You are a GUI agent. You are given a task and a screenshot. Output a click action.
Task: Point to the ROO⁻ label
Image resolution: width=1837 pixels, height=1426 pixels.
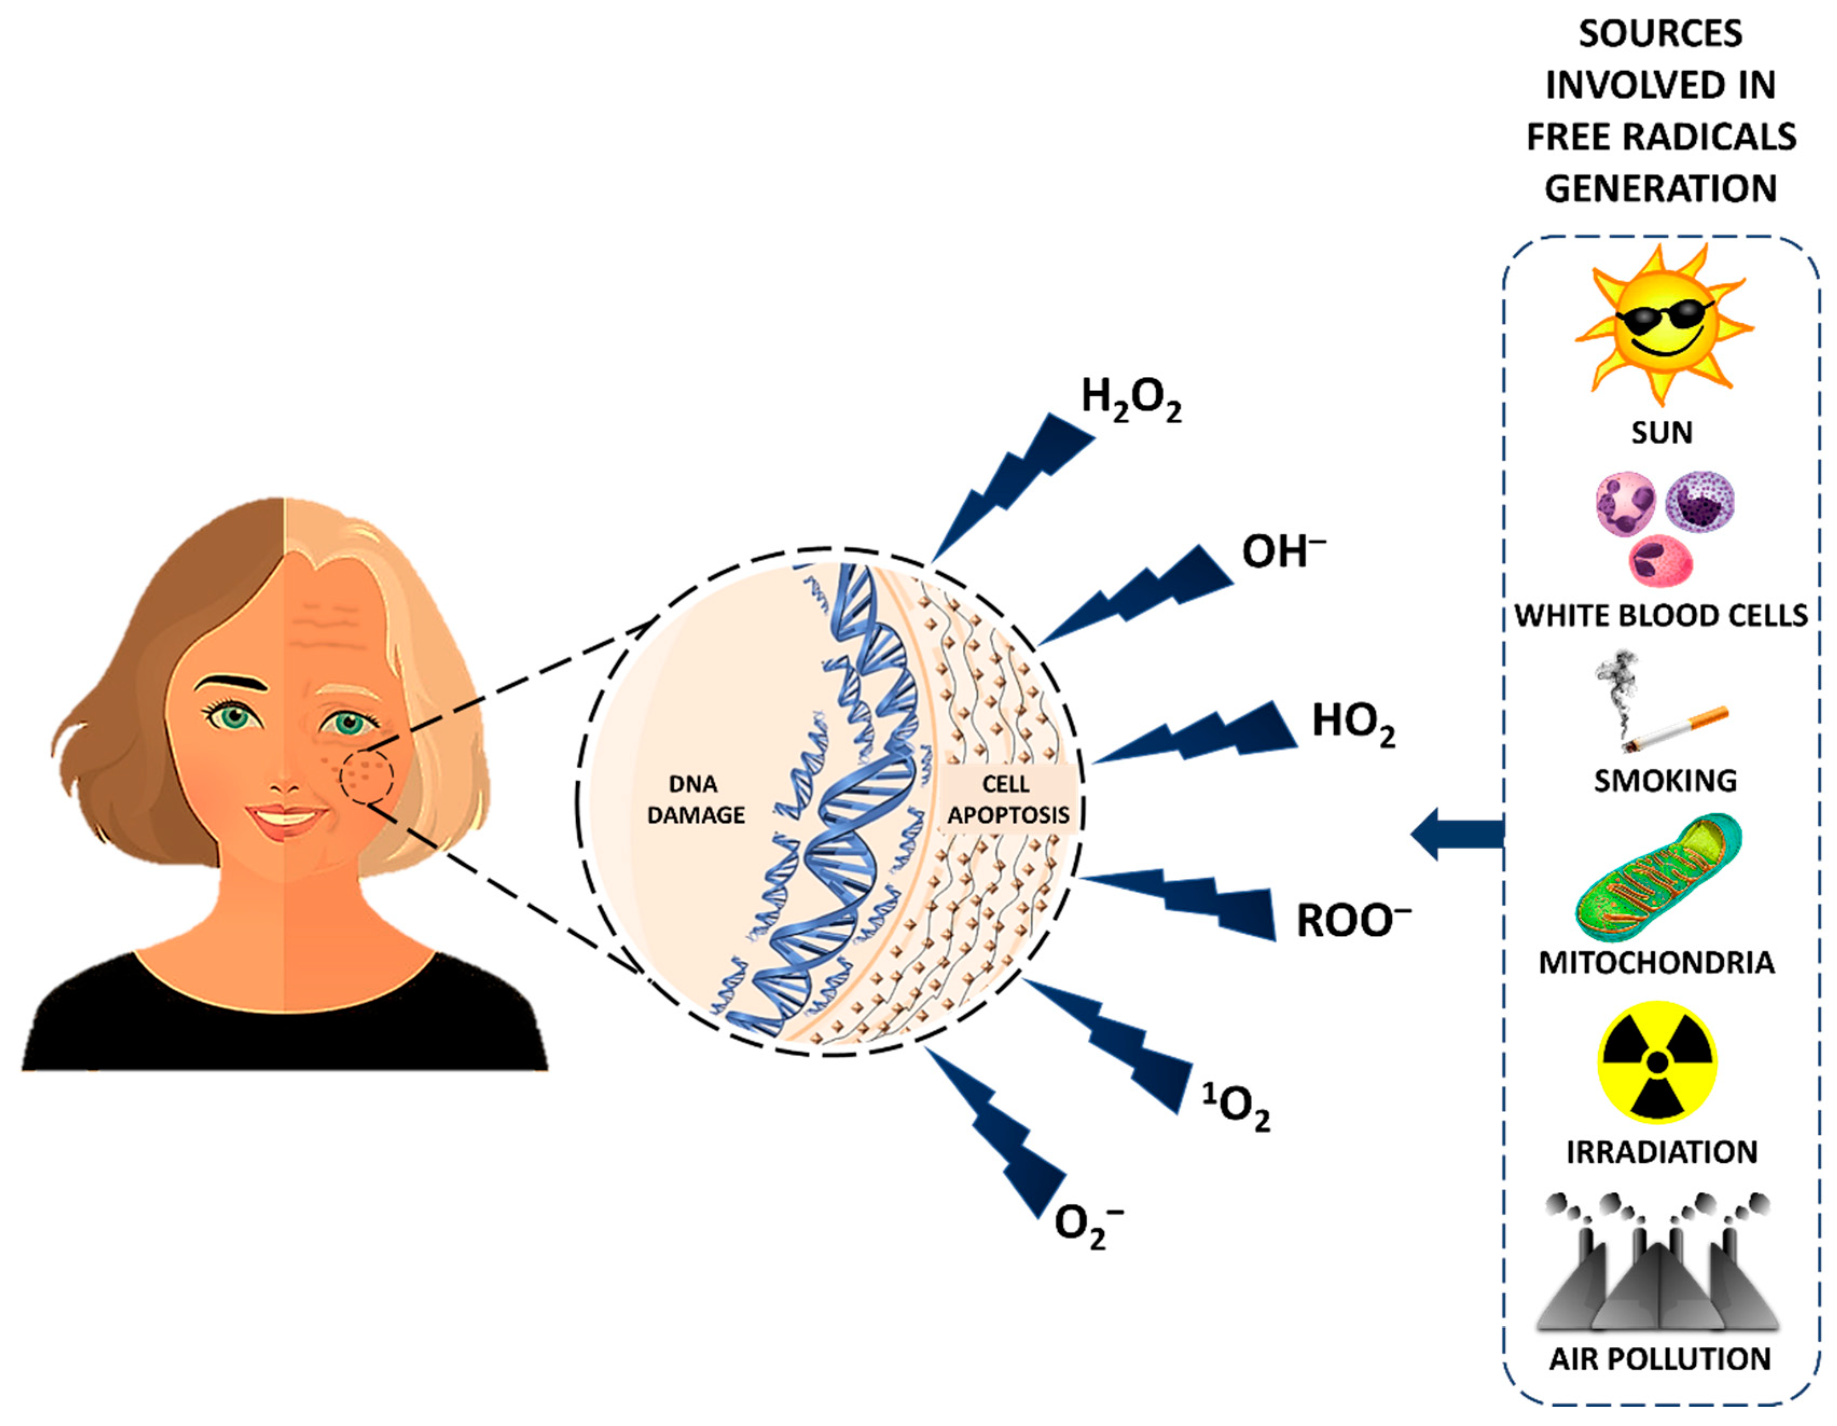coord(1352,920)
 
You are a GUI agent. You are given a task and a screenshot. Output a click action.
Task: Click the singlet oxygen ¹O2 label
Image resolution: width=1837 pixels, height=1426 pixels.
coord(1235,1107)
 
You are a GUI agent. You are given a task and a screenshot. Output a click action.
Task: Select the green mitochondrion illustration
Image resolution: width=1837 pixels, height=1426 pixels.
coord(1657,879)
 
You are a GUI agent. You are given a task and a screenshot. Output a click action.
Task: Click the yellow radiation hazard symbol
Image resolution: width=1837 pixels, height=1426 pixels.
coord(1656,1062)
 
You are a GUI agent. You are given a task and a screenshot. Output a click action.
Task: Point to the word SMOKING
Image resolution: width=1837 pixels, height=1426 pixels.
coord(1665,781)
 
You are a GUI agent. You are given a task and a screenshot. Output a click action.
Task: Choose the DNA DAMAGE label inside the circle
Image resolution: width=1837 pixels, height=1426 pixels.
coord(695,799)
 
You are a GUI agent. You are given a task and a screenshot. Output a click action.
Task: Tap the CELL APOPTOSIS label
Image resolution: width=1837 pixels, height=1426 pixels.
coord(1007,799)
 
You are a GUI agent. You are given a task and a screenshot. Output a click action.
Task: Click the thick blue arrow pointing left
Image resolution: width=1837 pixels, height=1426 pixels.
coord(1456,833)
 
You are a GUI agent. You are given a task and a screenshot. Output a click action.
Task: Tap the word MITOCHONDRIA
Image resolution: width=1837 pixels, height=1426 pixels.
coord(1656,962)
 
